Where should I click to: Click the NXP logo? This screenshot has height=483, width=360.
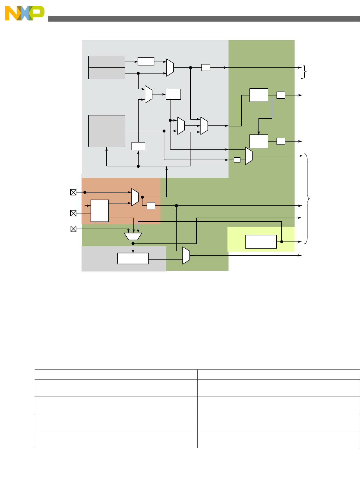coord(24,13)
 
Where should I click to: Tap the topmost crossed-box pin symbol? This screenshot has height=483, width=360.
coord(73,192)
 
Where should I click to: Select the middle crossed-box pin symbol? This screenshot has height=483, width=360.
coord(73,213)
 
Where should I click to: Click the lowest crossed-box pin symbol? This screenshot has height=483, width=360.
coord(73,229)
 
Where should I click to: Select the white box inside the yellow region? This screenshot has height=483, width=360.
coord(261,241)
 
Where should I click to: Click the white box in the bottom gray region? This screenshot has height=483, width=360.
coord(133,259)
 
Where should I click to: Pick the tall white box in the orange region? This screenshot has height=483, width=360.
coord(100,211)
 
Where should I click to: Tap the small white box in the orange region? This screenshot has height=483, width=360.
coord(151,206)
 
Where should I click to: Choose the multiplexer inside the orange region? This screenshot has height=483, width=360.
coord(135,197)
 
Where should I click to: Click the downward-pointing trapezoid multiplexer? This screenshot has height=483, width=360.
coord(133,237)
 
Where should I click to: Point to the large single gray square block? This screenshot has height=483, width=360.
coord(106,131)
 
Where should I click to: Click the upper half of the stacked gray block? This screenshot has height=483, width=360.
coord(106,62)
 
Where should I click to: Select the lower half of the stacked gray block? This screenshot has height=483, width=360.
coord(106,73)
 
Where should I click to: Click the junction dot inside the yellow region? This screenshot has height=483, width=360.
coord(281,241)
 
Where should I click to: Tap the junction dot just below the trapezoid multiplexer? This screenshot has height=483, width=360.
coord(133,243)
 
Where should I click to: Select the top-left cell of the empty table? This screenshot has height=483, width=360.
coord(116,375)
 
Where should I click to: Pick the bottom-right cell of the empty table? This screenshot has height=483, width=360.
coord(278,439)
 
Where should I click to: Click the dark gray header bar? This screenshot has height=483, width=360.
coord(204,19)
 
